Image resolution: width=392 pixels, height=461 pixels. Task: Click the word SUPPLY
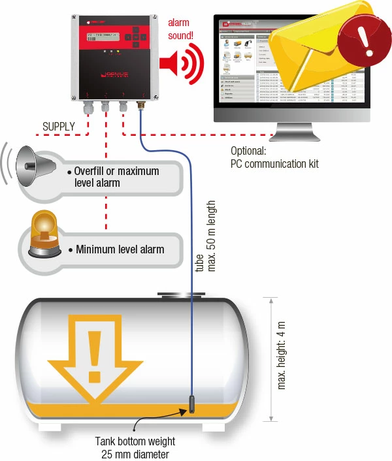click(x=58, y=125)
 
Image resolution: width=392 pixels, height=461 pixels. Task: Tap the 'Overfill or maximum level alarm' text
click(x=116, y=177)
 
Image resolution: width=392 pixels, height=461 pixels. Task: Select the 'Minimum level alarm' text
click(x=120, y=249)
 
